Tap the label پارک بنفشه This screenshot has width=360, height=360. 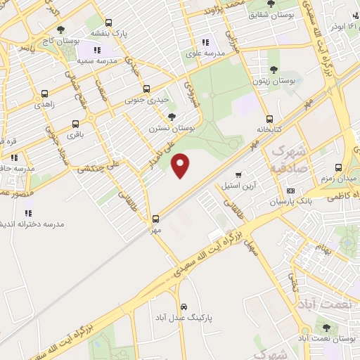(x=105, y=33)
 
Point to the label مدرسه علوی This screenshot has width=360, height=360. (x=205, y=53)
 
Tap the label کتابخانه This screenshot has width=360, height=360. (x=269, y=129)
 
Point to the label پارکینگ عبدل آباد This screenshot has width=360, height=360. (x=184, y=318)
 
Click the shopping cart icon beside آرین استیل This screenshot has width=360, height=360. (x=238, y=175)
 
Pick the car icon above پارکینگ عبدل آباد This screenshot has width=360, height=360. (x=184, y=307)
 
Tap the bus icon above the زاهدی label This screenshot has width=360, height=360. (x=45, y=94)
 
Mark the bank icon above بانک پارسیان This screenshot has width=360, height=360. (x=290, y=191)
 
